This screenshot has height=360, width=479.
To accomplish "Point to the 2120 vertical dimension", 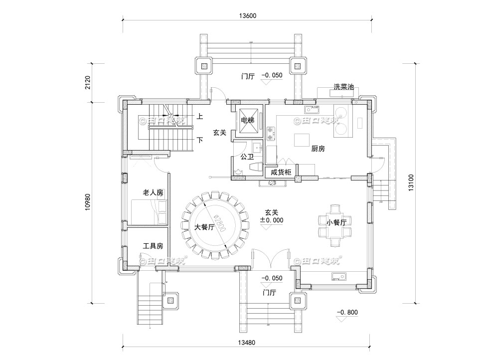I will click(88, 82).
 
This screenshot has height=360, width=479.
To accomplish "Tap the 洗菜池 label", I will click(343, 87).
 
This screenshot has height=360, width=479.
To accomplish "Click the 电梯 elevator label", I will click(248, 121).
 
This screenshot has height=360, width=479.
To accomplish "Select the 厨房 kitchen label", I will click(318, 149).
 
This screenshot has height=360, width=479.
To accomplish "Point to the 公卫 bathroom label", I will click(247, 157).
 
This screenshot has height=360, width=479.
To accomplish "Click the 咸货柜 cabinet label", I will click(281, 172).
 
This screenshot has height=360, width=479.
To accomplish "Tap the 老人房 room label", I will click(153, 192).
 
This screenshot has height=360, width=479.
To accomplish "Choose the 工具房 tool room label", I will click(153, 246).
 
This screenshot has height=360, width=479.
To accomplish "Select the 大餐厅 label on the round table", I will click(204, 227).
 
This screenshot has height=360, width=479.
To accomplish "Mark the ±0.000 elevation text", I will click(271, 220).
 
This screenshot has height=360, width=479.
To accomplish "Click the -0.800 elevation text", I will click(347, 313).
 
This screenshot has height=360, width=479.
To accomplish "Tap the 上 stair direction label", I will click(200, 117).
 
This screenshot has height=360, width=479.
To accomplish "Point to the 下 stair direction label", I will click(200, 140).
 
